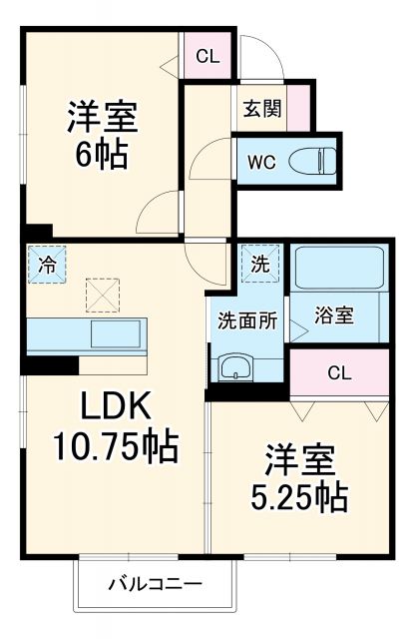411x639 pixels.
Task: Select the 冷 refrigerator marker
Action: pyautogui.click(x=47, y=265)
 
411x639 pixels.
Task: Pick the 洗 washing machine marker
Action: pyautogui.click(x=259, y=265)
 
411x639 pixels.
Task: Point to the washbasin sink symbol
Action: pyautogui.click(x=235, y=366)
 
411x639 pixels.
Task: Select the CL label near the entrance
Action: pyautogui.click(x=207, y=56)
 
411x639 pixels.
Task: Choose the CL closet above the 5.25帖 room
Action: pyautogui.click(x=339, y=373)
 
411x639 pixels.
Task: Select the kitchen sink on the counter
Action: pyautogui.click(x=118, y=332)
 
